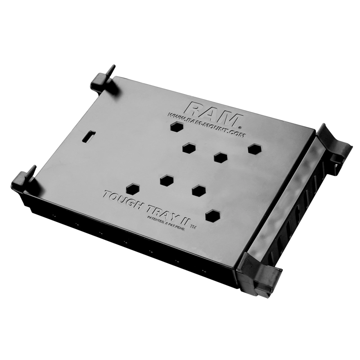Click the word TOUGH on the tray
121,199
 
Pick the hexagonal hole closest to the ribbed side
255,149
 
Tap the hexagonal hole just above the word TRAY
167,180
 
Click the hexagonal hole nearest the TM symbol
212,216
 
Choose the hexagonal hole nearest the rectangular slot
132,189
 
